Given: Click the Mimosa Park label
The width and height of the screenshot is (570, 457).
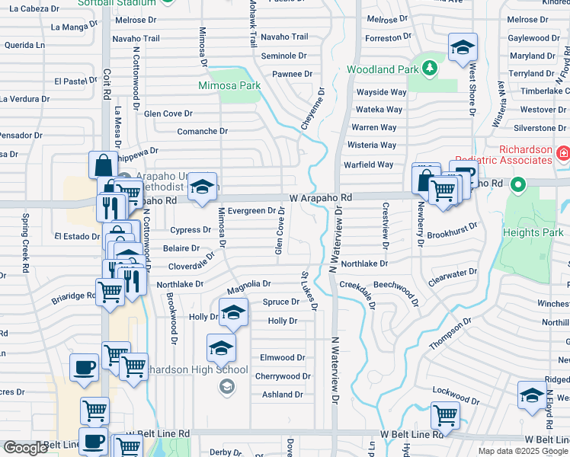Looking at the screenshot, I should [229, 85].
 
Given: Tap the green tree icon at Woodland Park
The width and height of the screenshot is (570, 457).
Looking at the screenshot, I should [429, 68].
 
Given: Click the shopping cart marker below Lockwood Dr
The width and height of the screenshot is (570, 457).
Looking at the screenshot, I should [445, 416].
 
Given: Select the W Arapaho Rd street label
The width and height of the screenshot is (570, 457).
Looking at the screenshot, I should [320, 197].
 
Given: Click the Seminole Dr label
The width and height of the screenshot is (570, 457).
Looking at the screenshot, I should [283, 56].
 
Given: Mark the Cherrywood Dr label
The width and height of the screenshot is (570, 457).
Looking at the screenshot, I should [283, 376].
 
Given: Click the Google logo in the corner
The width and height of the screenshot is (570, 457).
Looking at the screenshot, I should [24, 448].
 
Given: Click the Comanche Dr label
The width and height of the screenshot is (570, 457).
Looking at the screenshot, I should [202, 131].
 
